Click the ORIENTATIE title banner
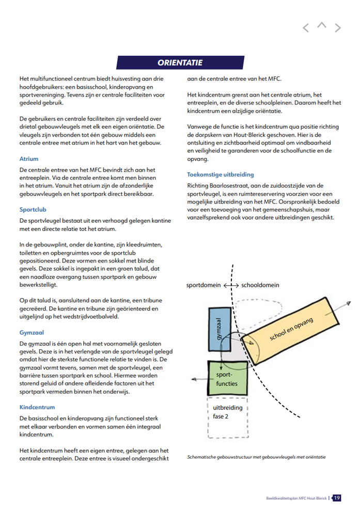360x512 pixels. (x=180, y=63)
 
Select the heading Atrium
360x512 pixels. (x=29, y=159)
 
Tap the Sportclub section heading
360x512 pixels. (x=33, y=210)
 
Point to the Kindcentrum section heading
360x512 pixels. (x=37, y=407)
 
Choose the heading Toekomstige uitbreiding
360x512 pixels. (x=221, y=175)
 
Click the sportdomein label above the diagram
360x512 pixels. (x=204, y=285)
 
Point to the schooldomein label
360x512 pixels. (x=261, y=285)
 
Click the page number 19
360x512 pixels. (x=337, y=498)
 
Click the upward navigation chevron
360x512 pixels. (x=322, y=25)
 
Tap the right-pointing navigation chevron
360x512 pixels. (x=338, y=28)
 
